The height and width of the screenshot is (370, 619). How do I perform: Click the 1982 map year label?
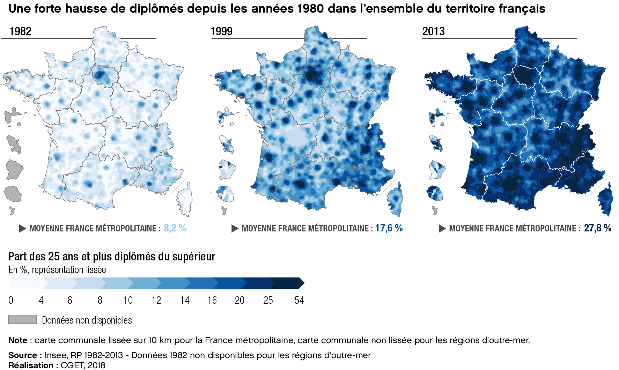[20, 31]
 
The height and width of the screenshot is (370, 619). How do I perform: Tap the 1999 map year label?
[221, 31]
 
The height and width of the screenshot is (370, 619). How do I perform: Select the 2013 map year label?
[433, 31]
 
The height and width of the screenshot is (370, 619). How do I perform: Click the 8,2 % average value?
[175, 228]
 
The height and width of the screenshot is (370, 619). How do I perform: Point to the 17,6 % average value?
[389, 228]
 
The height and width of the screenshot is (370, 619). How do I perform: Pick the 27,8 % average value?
[597, 228]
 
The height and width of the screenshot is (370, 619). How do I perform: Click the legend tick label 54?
[299, 300]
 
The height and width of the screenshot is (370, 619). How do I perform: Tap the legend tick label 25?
[268, 300]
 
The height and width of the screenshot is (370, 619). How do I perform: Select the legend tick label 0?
[11, 300]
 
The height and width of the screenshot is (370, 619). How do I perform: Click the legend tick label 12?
[156, 300]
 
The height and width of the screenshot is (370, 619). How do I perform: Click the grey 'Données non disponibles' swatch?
[22, 319]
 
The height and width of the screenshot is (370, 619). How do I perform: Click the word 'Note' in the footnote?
[18, 340]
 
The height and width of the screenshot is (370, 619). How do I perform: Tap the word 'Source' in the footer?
[23, 355]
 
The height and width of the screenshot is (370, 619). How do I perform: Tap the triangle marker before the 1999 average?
[235, 229]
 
